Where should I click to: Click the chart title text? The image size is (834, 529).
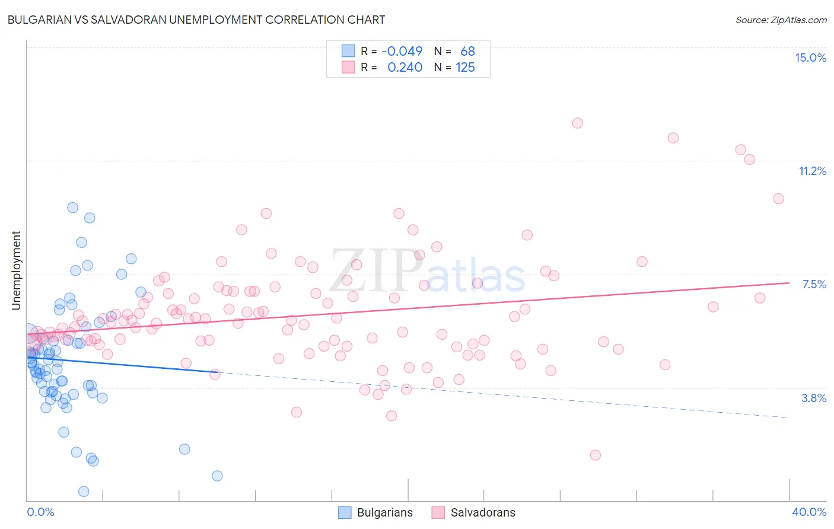[x=196, y=20]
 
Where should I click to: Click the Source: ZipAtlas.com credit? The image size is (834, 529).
[x=781, y=20]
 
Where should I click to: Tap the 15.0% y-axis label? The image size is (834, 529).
[x=810, y=58]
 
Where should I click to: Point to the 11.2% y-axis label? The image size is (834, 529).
[x=812, y=171]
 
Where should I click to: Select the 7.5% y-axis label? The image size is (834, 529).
[x=814, y=284]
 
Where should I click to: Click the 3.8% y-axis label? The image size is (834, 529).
[x=814, y=398]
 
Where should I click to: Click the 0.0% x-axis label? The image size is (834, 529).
[x=40, y=512]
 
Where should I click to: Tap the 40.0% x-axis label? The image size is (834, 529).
[x=808, y=512]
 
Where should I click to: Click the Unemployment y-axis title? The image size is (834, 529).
[x=16, y=270]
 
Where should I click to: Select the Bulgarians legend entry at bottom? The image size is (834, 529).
[x=375, y=512]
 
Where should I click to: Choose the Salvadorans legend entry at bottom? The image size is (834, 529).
[x=473, y=512]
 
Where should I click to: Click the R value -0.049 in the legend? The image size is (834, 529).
[x=402, y=52]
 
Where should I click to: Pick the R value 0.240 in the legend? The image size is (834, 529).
[x=405, y=68]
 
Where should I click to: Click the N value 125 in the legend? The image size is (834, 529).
[x=465, y=68]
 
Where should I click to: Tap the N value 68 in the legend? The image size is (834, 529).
[x=467, y=52]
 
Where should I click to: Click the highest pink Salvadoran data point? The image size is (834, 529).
[x=577, y=123]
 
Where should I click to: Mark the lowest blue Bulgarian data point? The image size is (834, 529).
[x=84, y=491]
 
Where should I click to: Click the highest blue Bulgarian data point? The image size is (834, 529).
[x=72, y=207]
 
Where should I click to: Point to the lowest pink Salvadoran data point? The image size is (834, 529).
[x=595, y=455]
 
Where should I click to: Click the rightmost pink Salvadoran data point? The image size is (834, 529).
[x=778, y=199]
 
